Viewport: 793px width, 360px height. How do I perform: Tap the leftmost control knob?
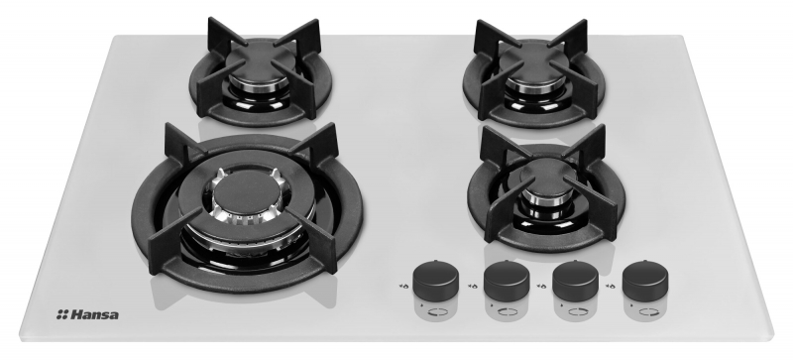point(435,281)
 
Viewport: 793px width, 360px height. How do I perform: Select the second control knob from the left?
point(507,282)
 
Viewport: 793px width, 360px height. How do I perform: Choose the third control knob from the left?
point(575,282)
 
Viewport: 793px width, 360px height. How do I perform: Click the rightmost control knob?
point(645,282)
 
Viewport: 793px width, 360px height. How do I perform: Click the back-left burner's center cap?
point(260,63)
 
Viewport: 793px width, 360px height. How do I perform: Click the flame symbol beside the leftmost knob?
point(403,286)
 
